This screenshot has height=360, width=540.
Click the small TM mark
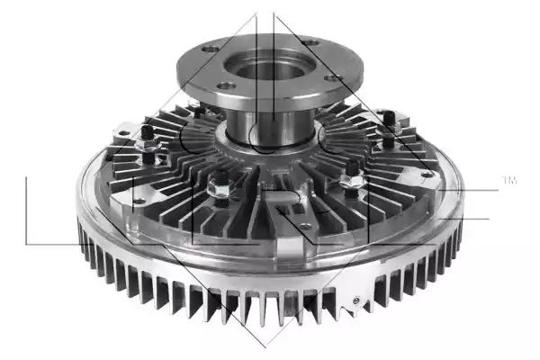510,180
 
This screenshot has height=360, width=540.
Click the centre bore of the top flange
269,70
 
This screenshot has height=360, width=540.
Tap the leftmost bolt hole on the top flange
210,49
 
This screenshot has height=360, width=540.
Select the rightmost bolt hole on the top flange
332,78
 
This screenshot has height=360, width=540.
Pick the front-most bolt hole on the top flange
227,85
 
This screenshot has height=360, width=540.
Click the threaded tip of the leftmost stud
147,131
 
